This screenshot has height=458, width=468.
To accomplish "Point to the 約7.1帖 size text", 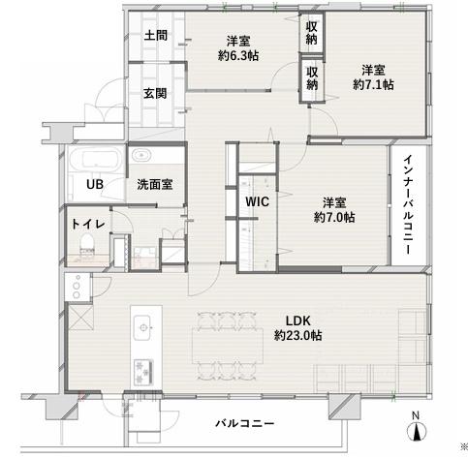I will pos(372,85).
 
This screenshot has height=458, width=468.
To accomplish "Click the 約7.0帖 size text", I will pos(333,217).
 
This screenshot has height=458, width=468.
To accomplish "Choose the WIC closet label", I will pos(257,202).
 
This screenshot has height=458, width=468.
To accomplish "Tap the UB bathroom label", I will pos(95,184).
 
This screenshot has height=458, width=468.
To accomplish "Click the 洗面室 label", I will pos(154,184).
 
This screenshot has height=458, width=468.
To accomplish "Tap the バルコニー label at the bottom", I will pos(244,424).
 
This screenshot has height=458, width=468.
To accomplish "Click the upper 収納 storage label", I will pos(312,33).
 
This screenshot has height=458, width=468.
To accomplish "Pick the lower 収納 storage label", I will pos(312,78).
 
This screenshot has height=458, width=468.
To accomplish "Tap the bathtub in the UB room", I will pos(95,159).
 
